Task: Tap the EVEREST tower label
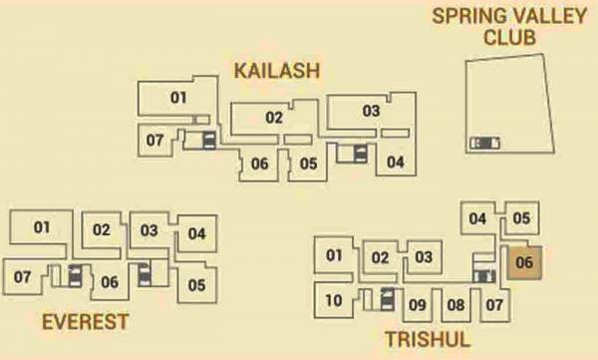tap(86, 321)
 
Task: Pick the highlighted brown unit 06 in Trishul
tap(525, 263)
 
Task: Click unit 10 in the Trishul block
tap(334, 300)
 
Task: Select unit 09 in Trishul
tap(418, 305)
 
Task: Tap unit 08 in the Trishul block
tap(455, 305)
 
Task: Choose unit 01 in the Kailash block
tap(178, 98)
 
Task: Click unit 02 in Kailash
tap(274, 118)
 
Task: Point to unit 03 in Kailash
tap(371, 111)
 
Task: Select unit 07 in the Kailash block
tap(154, 141)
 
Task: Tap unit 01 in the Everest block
tap(41, 227)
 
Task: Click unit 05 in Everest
tap(196, 285)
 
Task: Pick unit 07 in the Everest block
tap(22, 276)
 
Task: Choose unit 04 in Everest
tap(196, 234)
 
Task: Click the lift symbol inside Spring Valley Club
tap(486, 143)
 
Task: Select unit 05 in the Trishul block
tap(520, 218)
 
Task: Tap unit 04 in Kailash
tap(396, 162)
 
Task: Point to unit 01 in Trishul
tap(334, 255)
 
